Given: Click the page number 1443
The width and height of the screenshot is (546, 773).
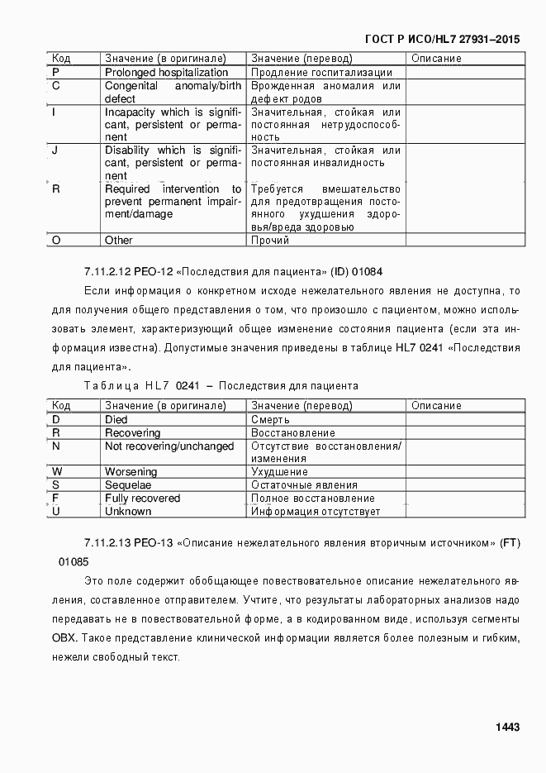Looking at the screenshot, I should [x=507, y=727].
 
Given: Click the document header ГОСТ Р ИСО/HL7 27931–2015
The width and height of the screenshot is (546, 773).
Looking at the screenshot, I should [x=443, y=39].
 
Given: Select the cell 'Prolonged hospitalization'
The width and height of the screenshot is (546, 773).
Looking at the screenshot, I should [x=166, y=73].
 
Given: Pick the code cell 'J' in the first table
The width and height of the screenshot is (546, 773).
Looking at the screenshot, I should [x=55, y=150].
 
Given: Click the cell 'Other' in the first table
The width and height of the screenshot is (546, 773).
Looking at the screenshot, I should [x=118, y=241].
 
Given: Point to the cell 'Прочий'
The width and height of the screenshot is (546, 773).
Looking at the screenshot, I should [x=270, y=241].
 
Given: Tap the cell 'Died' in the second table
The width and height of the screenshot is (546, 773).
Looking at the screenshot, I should [x=116, y=420].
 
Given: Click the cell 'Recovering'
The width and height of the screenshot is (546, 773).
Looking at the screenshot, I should [x=132, y=433].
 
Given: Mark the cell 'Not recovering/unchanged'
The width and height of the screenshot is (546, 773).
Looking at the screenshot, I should [x=169, y=446].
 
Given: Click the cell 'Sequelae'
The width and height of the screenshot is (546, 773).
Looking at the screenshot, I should [x=128, y=485].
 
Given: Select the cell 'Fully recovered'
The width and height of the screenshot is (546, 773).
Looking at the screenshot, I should [x=142, y=499].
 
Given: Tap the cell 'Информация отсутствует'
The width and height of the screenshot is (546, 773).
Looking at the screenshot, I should [x=316, y=512].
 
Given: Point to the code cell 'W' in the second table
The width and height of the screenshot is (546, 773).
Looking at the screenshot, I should [x=56, y=472].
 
